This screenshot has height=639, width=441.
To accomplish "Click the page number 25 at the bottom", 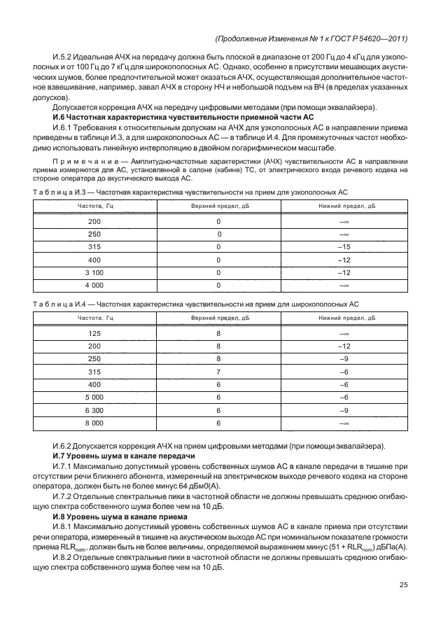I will point(403,585).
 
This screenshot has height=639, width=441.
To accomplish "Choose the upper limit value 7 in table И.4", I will point(218,372).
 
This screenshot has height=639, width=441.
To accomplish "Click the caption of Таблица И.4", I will point(196,304).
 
